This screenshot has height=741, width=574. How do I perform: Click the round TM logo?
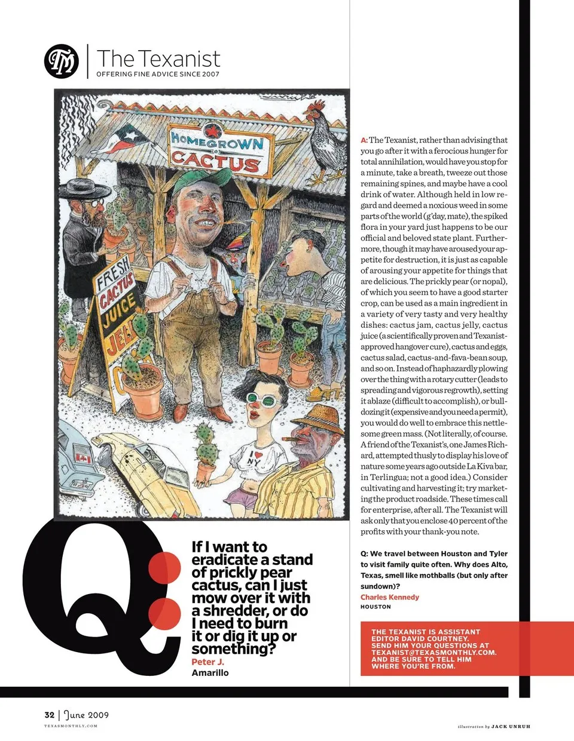[62, 62]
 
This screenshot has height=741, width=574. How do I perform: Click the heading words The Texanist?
[158, 59]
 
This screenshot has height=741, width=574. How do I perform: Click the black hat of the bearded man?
[84, 192]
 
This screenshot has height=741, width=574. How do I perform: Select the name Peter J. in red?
[207, 662]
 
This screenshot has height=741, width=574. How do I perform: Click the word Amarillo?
[210, 673]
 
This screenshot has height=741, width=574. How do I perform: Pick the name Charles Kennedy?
[390, 597]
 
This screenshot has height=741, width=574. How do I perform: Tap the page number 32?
[49, 715]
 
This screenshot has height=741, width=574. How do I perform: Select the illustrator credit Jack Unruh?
[511, 726]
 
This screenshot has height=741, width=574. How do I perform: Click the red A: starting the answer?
[364, 140]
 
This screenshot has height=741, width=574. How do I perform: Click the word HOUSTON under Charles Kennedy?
[375, 607]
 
